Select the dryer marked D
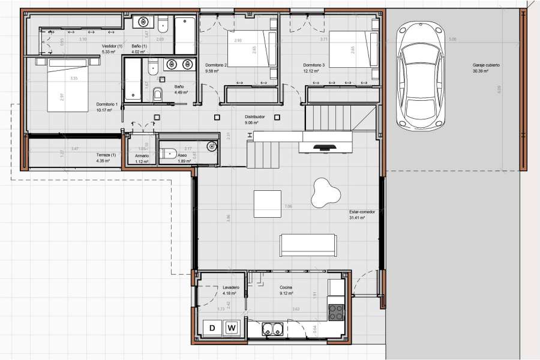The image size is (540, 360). click(212, 328)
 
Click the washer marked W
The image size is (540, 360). click(231, 328)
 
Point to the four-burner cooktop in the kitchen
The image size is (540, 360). click(336, 312)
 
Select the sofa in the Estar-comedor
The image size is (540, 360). click(307, 244)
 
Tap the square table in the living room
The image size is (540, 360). click(267, 203)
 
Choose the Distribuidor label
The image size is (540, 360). click(256, 117)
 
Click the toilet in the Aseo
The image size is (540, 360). click(169, 152)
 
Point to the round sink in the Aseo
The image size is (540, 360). click(211, 146)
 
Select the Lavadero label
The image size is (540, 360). click(231, 288)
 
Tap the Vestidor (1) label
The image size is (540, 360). click(112, 46)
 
